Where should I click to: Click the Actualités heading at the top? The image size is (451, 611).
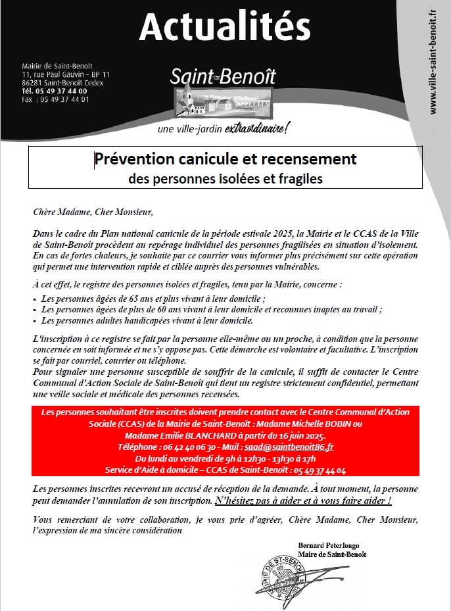pos(225,27)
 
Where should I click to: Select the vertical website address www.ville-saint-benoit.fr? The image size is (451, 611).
pos(433,62)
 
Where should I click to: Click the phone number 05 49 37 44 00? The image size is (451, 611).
pos(63,91)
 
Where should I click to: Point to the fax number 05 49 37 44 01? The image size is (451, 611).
pos(65,99)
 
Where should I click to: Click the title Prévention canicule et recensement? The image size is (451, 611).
pos(225,159)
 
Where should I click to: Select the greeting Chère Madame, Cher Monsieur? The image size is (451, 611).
pos(93,212)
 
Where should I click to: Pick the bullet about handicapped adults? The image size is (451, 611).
pos(147,320)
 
